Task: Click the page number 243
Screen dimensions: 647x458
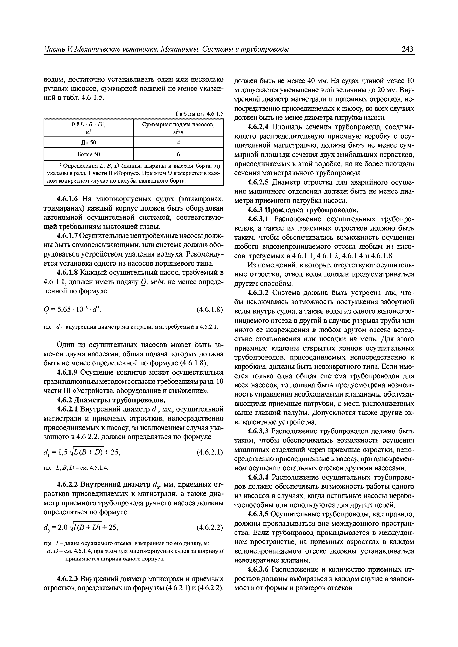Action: pos(407,49)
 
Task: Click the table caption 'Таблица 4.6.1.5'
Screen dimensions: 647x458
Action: pos(199,114)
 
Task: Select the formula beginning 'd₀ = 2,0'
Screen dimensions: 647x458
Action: pos(80,527)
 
